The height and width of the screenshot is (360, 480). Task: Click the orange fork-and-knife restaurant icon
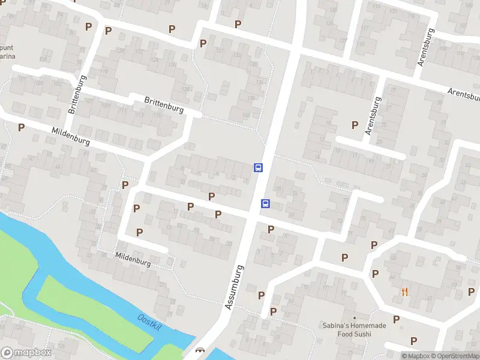[405, 292]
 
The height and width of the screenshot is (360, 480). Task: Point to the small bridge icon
[200, 350]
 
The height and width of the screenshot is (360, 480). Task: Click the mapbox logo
[26, 353]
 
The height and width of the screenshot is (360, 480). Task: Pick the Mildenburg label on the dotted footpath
[133, 258]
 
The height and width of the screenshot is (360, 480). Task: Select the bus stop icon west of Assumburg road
[258, 167]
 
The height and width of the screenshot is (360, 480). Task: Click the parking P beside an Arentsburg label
[355, 125]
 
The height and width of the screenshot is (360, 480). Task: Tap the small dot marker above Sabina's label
[355, 317]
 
